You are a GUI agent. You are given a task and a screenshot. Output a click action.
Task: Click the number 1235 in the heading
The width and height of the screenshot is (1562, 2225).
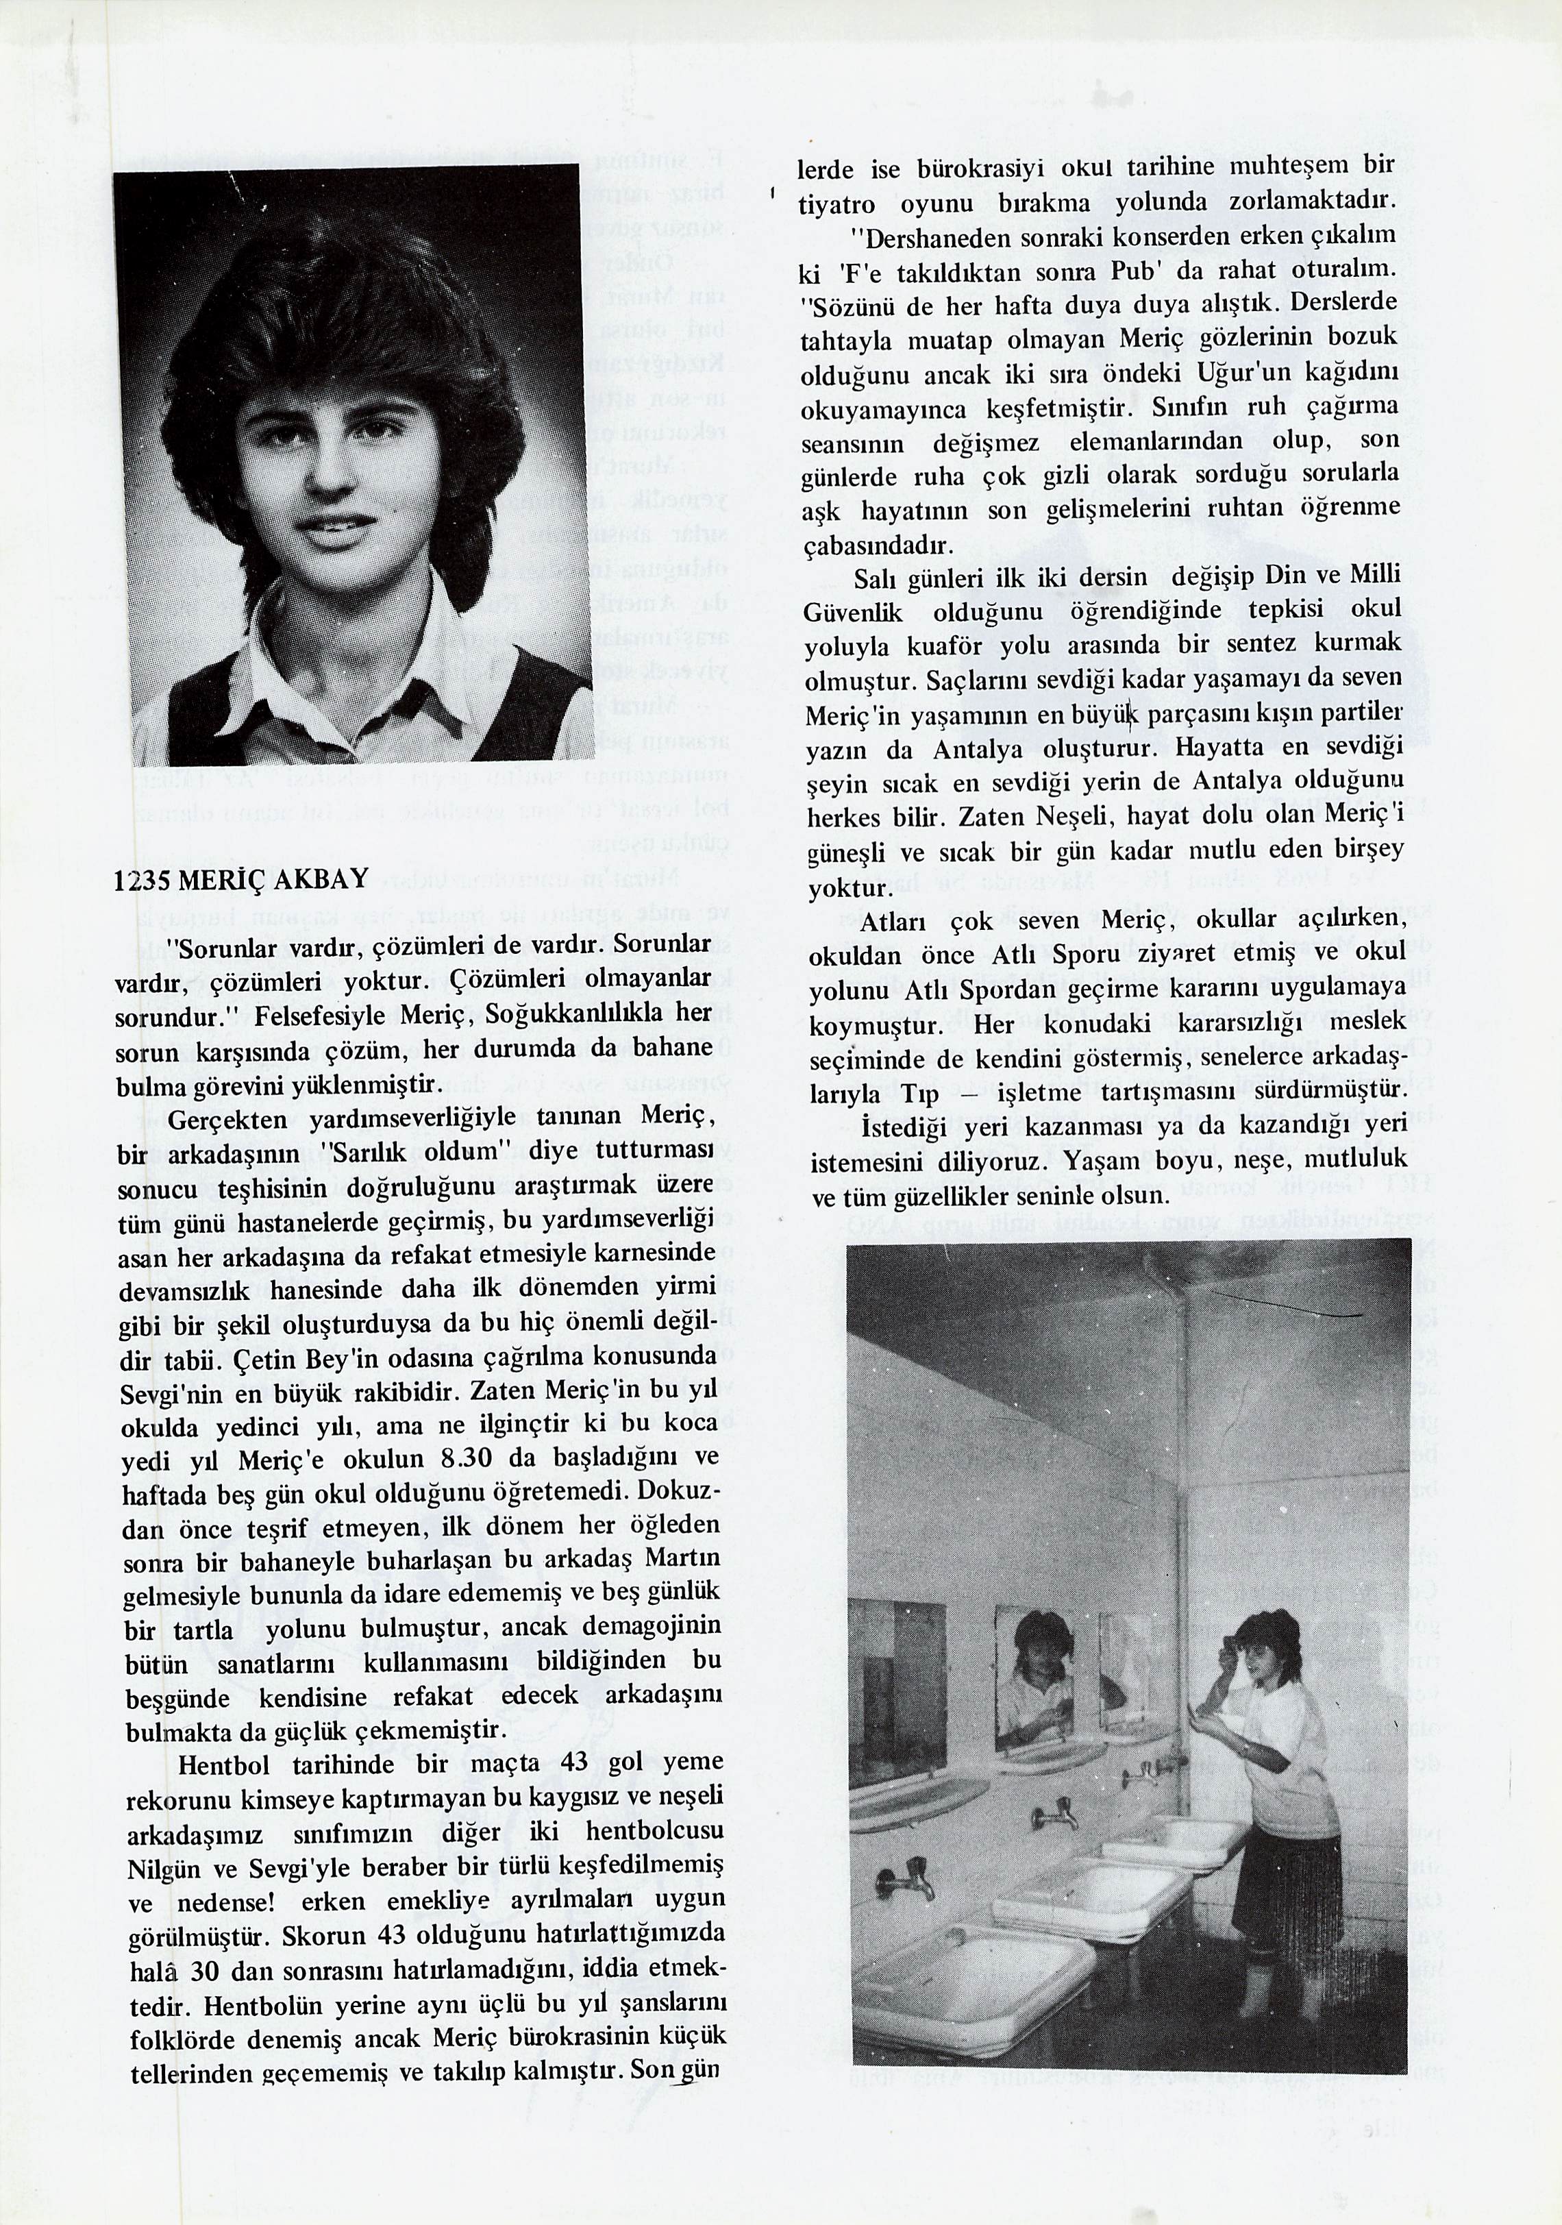[x=142, y=879]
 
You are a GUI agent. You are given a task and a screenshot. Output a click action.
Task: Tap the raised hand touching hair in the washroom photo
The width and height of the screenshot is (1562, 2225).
[x=1228, y=1640]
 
